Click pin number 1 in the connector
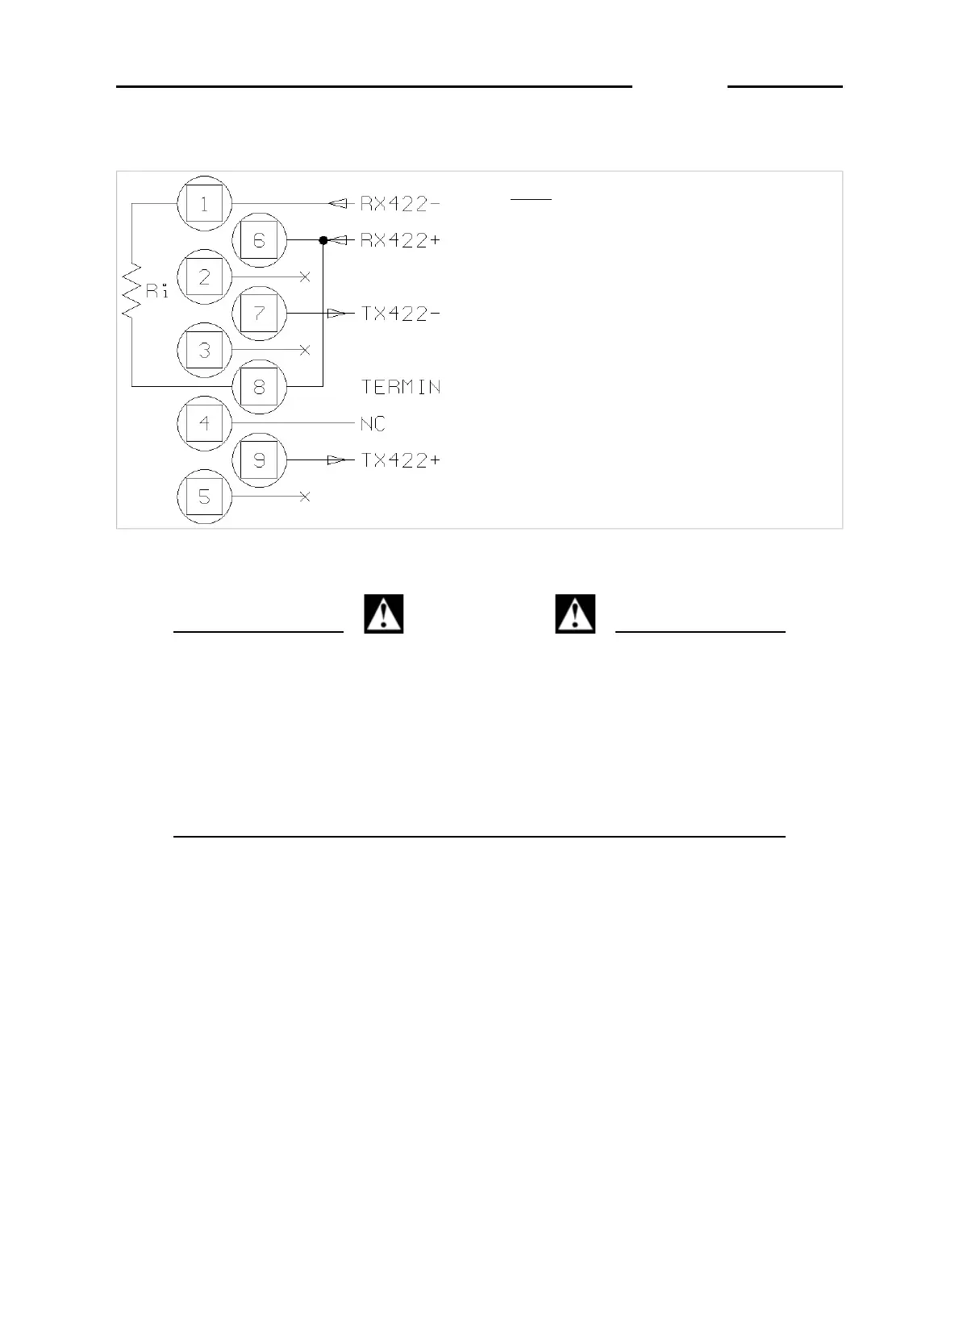[x=204, y=204]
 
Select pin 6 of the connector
[x=259, y=240]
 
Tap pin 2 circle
[x=204, y=277]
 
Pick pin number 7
[x=259, y=314]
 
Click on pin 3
[x=204, y=351]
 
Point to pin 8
[x=259, y=387]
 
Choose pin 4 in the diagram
[x=204, y=423]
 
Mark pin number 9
[x=259, y=460]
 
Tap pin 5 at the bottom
[x=204, y=497]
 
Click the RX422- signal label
[x=400, y=204]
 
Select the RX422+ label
[x=400, y=240]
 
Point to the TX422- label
[x=400, y=314]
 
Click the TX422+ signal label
[x=400, y=460]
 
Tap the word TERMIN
[x=400, y=387]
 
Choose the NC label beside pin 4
[x=373, y=423]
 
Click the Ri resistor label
[x=157, y=292]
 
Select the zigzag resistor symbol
[x=131, y=290]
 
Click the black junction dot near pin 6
[x=323, y=240]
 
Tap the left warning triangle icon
[x=384, y=614]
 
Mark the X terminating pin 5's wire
[x=305, y=497]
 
